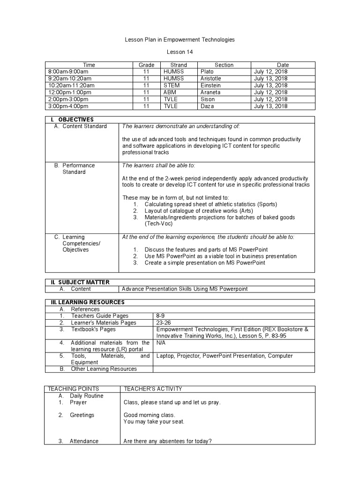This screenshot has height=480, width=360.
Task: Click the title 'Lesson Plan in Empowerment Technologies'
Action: pyautogui.click(x=180, y=40)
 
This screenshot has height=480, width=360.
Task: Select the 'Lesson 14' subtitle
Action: pyautogui.click(x=180, y=52)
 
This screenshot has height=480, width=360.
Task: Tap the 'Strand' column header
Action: pyautogui.click(x=179, y=65)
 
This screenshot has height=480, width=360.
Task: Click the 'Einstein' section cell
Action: pyautogui.click(x=210, y=86)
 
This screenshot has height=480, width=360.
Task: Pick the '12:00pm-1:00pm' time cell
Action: pyautogui.click(x=69, y=92)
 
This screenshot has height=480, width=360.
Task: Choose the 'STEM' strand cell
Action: pyautogui.click(x=172, y=86)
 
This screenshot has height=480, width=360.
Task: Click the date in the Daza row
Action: pyautogui.click(x=270, y=106)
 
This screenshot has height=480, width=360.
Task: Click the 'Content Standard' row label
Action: pyautogui.click(x=84, y=126)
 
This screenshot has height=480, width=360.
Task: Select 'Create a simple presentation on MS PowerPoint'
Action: pyautogui.click(x=204, y=263)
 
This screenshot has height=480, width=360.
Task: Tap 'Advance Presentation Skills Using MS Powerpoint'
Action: pyautogui.click(x=185, y=289)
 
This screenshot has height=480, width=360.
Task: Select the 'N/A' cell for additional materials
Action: pyautogui.click(x=162, y=343)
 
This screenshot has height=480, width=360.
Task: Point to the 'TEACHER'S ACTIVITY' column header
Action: pyautogui.click(x=152, y=389)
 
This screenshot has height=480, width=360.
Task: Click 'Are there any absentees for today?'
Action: pyautogui.click(x=168, y=441)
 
